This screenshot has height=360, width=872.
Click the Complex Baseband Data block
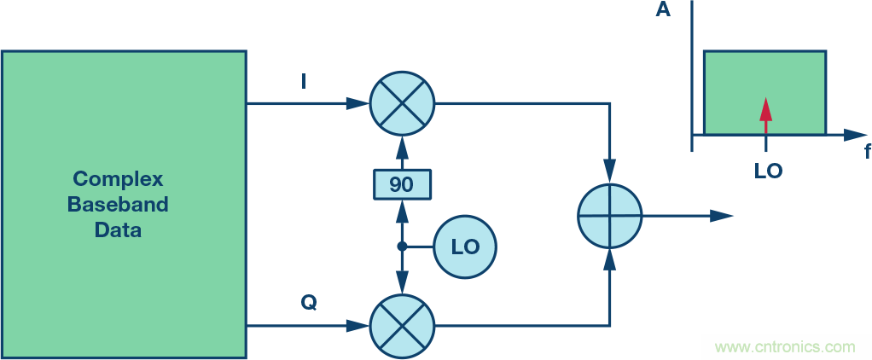click(124, 205)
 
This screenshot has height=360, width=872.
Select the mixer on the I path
click(402, 104)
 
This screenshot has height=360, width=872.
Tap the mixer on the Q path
click(402, 326)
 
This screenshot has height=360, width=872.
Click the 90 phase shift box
click(402, 183)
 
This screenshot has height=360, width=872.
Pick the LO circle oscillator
click(465, 247)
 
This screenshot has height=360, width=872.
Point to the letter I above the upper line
click(305, 82)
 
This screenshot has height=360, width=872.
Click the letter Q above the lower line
click(308, 303)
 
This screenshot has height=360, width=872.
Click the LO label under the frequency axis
click(768, 171)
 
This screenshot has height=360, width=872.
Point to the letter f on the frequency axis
click(867, 153)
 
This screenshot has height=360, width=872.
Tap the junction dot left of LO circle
click(402, 247)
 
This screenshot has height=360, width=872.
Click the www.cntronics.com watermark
click(784, 347)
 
